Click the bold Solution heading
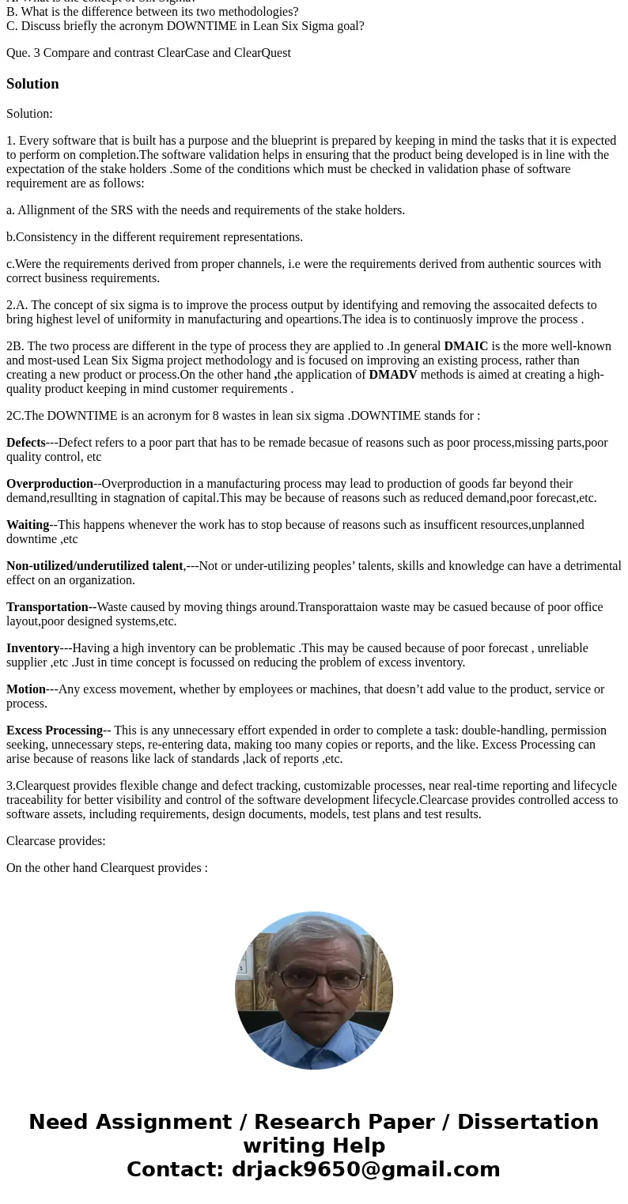(x=32, y=84)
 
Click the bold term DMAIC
(x=466, y=346)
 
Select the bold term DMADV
(x=392, y=375)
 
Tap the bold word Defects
(x=26, y=443)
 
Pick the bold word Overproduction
(x=50, y=484)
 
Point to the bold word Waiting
(x=28, y=525)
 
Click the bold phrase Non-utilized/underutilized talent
(x=95, y=566)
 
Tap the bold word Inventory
(x=33, y=648)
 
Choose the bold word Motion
(x=26, y=689)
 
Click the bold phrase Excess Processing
(x=55, y=730)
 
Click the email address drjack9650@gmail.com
(x=365, y=1169)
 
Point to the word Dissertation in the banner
(x=528, y=1122)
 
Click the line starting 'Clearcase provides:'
(x=56, y=841)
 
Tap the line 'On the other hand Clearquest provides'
(x=107, y=868)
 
